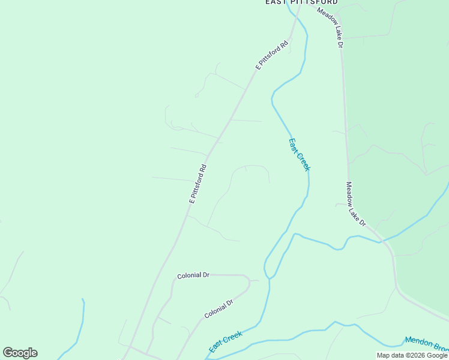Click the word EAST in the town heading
pyautogui.click(x=276, y=2)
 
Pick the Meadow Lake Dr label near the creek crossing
pyautogui.click(x=356, y=204)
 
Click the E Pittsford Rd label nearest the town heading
pyautogui.click(x=272, y=55)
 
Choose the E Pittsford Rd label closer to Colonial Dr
pyautogui.click(x=198, y=184)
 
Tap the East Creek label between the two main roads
pyautogui.click(x=298, y=155)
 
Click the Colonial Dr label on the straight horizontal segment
pyautogui.click(x=193, y=275)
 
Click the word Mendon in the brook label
pyautogui.click(x=418, y=341)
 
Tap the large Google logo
pyautogui.click(x=20, y=353)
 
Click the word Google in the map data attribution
pyautogui.click(x=433, y=355)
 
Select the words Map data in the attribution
pyautogui.click(x=390, y=355)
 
